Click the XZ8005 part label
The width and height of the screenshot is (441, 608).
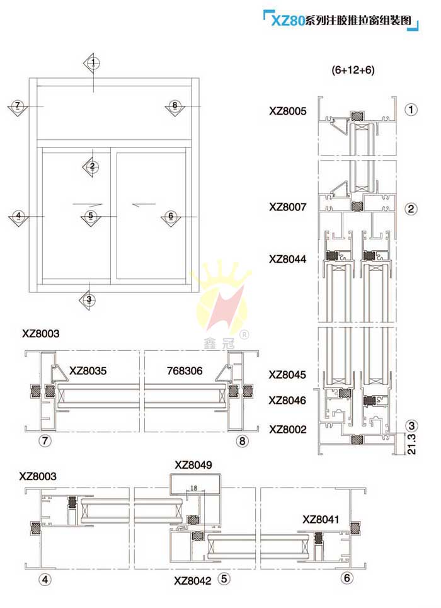coord(287,111)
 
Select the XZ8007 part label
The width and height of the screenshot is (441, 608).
coord(287,207)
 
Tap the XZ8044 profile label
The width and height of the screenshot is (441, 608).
coord(287,259)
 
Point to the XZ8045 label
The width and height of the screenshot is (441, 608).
coord(287,375)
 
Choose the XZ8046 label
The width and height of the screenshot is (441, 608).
coord(287,400)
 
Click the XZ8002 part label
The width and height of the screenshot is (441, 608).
coord(287,430)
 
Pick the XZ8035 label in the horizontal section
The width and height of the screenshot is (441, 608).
coord(88,371)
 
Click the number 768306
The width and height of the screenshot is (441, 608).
coord(185,371)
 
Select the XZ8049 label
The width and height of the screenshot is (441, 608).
coord(193,465)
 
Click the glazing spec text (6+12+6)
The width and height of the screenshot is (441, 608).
coord(353,71)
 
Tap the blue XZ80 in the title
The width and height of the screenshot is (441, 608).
coord(287,21)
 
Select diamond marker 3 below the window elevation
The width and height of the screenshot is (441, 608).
coord(89,299)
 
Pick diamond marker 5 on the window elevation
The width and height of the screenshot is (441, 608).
coord(91,216)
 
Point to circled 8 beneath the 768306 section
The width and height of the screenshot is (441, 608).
coord(242,441)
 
